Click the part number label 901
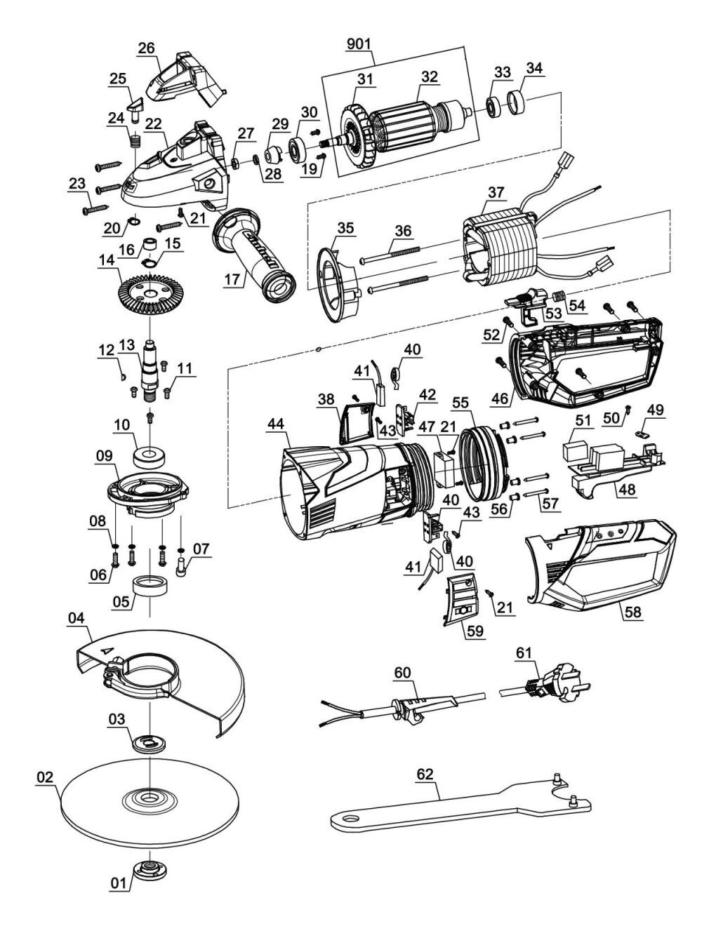[359, 44]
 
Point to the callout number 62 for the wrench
[424, 774]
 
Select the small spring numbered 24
[135, 140]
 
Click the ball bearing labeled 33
[495, 107]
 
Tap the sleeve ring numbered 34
[517, 102]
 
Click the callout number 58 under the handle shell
[633, 612]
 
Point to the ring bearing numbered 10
[150, 457]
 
